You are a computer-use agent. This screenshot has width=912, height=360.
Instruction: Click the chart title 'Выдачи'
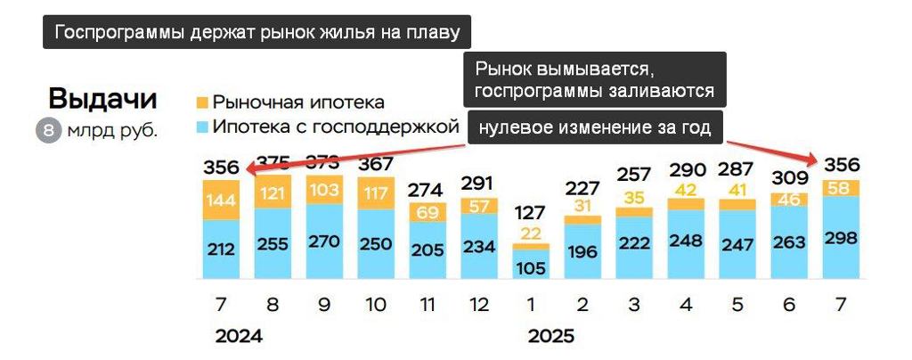tap(102, 98)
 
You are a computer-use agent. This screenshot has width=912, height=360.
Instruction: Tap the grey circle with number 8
tap(48, 131)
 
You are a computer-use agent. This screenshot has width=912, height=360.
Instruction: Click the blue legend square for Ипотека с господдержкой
tap(201, 127)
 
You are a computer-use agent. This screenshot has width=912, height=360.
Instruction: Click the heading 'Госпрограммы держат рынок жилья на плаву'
tap(257, 34)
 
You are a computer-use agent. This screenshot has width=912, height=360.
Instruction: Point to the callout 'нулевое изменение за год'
tap(594, 127)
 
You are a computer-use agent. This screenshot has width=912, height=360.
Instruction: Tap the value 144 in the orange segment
tap(220, 200)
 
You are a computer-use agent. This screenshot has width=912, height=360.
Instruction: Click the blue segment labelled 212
tap(220, 249)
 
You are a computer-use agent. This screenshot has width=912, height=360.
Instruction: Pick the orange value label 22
tap(530, 233)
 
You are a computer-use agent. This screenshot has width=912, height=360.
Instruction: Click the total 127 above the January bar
tap(530, 214)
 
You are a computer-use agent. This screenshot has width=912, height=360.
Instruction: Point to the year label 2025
tap(551, 337)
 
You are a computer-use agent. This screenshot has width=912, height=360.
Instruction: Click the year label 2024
tap(239, 337)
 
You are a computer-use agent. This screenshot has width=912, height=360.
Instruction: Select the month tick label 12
tap(478, 304)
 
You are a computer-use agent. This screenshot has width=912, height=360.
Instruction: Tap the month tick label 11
tap(427, 304)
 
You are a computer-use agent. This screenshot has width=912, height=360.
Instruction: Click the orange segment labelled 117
tap(375, 192)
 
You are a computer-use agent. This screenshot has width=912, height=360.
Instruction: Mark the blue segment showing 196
tap(582, 252)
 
